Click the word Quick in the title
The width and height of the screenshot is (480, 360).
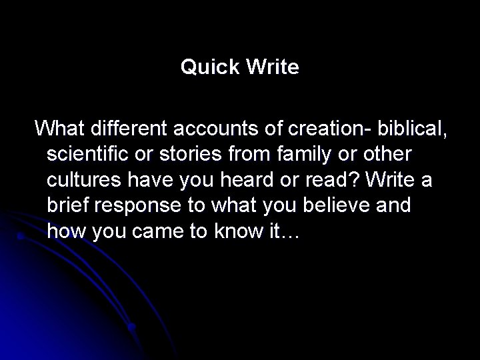tap(206, 67)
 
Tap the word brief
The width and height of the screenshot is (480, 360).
tap(66, 205)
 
